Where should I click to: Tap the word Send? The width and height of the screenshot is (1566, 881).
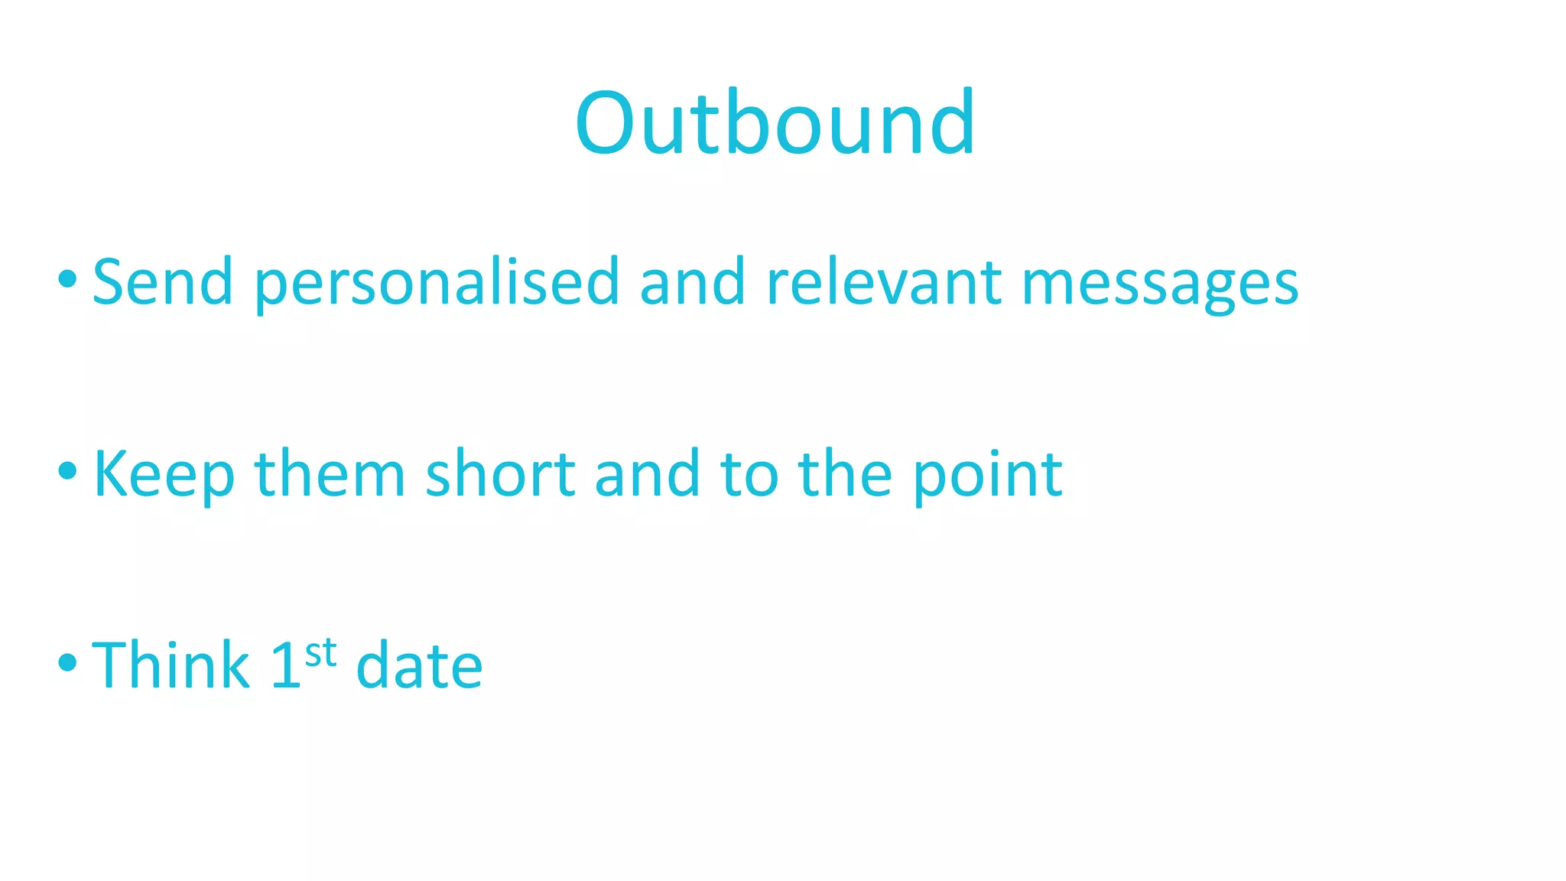[x=163, y=282]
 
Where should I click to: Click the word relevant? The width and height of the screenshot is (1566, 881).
[x=883, y=282]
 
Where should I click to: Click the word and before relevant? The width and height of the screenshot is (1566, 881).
[x=692, y=282]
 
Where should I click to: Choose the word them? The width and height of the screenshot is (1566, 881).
[x=330, y=473]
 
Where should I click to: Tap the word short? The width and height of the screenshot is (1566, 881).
[x=500, y=473]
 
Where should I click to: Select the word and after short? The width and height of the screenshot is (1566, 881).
[x=647, y=473]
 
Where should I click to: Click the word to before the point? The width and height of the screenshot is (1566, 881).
[x=749, y=475]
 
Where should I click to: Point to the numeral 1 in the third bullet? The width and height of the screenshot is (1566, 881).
[x=286, y=665]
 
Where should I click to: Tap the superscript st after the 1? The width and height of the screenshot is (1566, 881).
[x=320, y=654]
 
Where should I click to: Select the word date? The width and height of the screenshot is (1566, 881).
[x=419, y=665]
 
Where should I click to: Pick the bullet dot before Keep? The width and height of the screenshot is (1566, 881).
[x=67, y=470]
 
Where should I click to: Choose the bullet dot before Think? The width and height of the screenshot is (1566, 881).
[x=67, y=662]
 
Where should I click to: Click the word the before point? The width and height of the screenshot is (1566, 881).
[x=845, y=473]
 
